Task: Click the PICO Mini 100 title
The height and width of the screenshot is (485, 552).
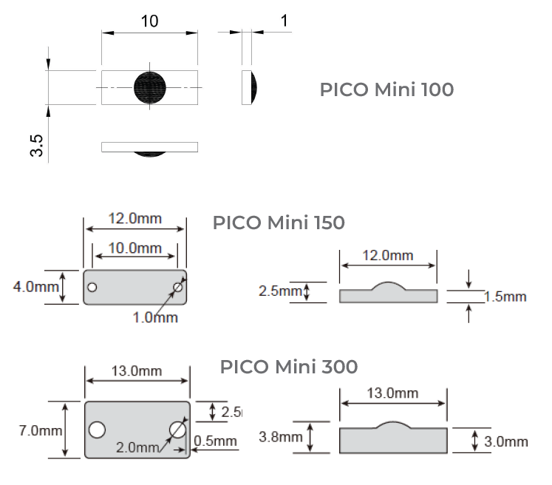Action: coord(386,89)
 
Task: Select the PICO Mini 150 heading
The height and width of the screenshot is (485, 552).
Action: coord(279,223)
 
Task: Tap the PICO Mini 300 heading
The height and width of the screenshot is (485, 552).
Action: coord(289,366)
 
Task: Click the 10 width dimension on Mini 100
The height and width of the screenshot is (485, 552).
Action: coord(149,21)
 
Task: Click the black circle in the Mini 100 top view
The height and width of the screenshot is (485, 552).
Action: coord(150,89)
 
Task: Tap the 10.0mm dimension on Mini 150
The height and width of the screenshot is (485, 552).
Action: coord(135,248)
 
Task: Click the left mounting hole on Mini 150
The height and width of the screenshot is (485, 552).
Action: coord(92,287)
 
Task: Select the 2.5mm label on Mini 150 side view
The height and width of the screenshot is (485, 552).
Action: coord(281,291)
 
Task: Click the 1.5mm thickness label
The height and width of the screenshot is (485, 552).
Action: coord(505,296)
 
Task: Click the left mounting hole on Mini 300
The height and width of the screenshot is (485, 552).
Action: coord(97,430)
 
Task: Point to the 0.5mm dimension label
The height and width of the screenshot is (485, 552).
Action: coord(216,441)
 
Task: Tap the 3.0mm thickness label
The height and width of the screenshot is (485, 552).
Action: coord(505,441)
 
